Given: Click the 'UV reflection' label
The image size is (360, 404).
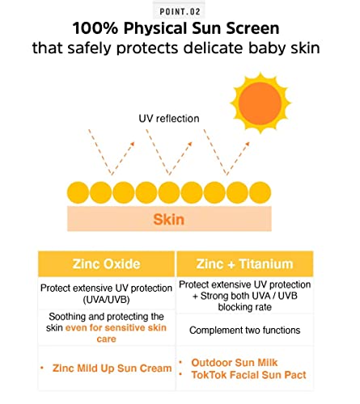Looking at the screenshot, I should (169, 119).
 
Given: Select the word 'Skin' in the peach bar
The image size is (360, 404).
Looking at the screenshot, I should (169, 219).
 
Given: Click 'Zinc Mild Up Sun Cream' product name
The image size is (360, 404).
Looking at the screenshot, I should (111, 368).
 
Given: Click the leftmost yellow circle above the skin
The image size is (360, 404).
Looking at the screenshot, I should (78, 193).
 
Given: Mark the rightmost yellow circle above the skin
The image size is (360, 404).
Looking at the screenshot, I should (258, 193).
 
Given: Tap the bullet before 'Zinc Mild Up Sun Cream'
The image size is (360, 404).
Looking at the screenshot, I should (41, 368).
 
